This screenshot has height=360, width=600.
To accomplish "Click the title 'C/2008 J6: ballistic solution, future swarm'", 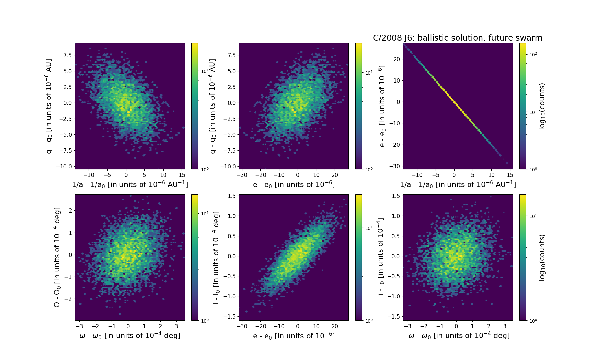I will tap(458, 38).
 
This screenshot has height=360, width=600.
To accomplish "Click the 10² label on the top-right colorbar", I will tap(532, 55).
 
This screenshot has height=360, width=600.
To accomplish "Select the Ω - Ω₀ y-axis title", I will tap(57, 257).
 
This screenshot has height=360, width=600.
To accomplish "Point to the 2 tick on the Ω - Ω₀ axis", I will tap(70, 211).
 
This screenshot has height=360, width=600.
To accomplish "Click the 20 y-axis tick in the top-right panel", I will tap(396, 59).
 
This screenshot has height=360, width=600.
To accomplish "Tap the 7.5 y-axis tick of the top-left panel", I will tap(67, 55).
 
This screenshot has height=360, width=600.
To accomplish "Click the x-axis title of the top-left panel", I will tap(130, 184).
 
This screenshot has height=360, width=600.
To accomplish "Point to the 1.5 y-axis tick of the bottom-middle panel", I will tap(232, 196).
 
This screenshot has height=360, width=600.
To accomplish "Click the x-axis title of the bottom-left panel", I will tap(130, 336).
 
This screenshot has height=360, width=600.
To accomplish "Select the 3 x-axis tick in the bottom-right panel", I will tap(505, 326).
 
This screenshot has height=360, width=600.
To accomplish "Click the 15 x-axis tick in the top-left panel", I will tap(182, 175).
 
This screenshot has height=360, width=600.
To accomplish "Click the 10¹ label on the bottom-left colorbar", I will tap(205, 214).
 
